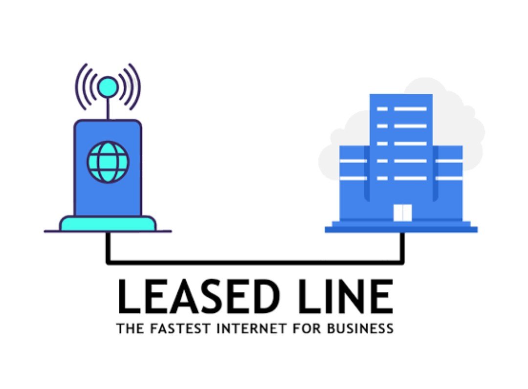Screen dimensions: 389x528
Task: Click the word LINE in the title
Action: point(342,297)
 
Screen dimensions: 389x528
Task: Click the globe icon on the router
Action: point(108,162)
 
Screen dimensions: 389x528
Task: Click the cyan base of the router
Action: point(108,224)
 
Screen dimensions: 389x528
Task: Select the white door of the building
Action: point(403,213)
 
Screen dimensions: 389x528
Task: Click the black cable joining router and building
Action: point(254,262)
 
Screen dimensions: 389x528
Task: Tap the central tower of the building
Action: point(401,147)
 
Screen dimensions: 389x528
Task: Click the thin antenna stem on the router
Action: point(108,108)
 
